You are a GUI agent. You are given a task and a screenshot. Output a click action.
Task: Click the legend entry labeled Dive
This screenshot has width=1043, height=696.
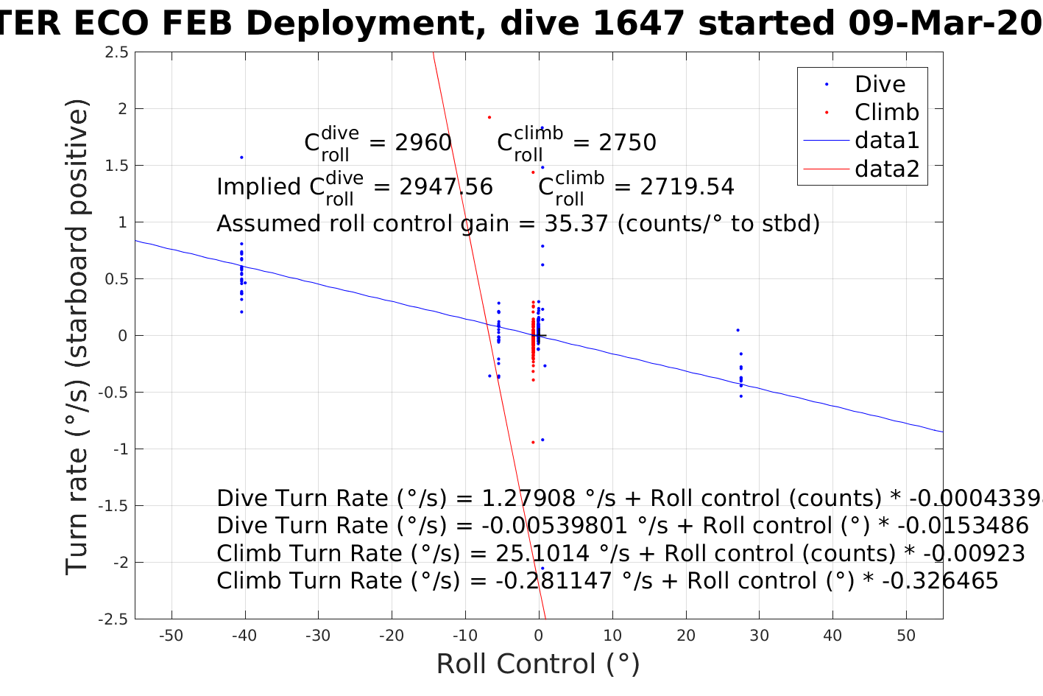[x=880, y=85]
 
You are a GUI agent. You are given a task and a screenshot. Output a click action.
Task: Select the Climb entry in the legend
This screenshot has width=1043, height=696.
[x=886, y=113]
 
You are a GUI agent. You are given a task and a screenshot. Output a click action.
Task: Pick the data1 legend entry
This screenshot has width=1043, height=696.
[x=887, y=141]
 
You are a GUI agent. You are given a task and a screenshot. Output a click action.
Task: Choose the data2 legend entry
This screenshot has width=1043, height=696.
[x=887, y=169]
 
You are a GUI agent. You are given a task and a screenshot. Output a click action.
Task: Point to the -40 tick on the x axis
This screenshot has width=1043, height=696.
[x=244, y=636]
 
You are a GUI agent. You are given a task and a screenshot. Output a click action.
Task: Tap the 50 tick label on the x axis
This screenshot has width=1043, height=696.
[x=906, y=636]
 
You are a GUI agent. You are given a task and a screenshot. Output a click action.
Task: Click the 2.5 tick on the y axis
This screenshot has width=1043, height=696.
[x=117, y=52]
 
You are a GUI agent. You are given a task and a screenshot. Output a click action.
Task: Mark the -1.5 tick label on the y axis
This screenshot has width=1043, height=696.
[x=113, y=506]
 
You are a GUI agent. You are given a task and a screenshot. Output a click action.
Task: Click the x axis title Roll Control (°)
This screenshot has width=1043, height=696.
[x=538, y=664]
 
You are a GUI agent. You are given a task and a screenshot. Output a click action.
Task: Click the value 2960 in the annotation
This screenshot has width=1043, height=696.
[x=423, y=143]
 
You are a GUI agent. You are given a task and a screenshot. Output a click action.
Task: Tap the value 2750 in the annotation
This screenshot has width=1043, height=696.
[x=627, y=143]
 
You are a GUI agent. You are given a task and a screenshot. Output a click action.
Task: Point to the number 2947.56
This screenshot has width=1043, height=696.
[x=446, y=187]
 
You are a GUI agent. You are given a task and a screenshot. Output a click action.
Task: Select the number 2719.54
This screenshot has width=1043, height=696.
[x=687, y=187]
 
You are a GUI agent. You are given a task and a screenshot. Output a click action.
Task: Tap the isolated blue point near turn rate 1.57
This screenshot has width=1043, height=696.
[x=241, y=157]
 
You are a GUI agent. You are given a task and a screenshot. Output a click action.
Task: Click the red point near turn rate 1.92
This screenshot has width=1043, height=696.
[x=489, y=117]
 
